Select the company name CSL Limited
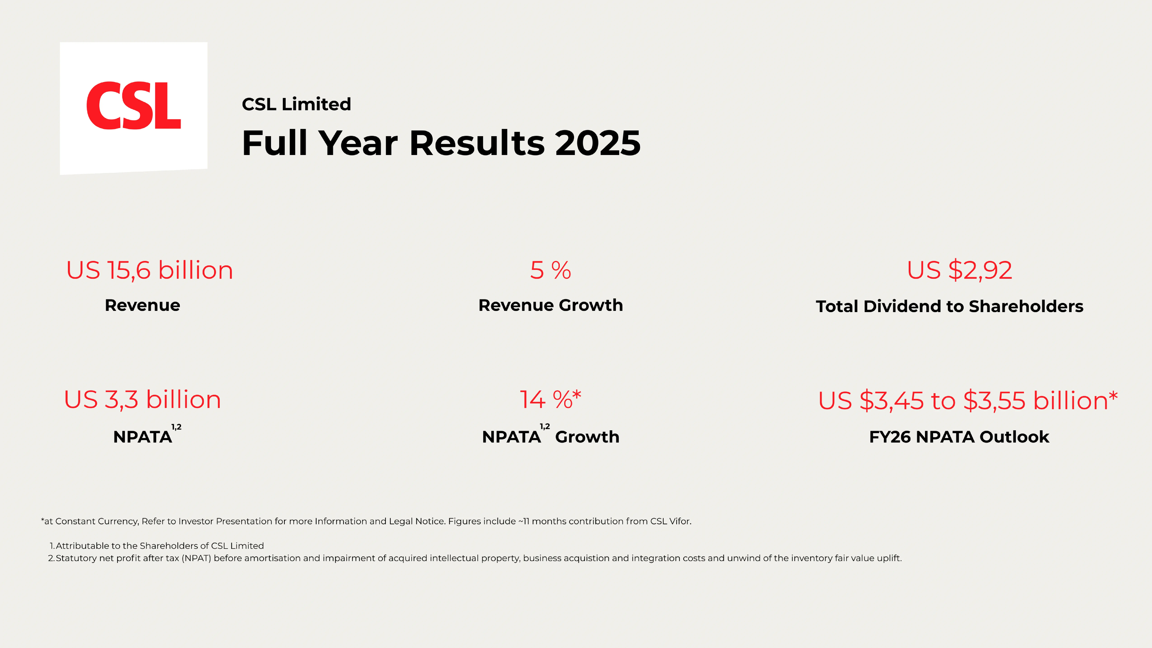(296, 104)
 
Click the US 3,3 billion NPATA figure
(142, 399)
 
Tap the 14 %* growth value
(550, 399)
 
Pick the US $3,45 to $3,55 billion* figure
(967, 400)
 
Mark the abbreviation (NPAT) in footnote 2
(196, 558)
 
